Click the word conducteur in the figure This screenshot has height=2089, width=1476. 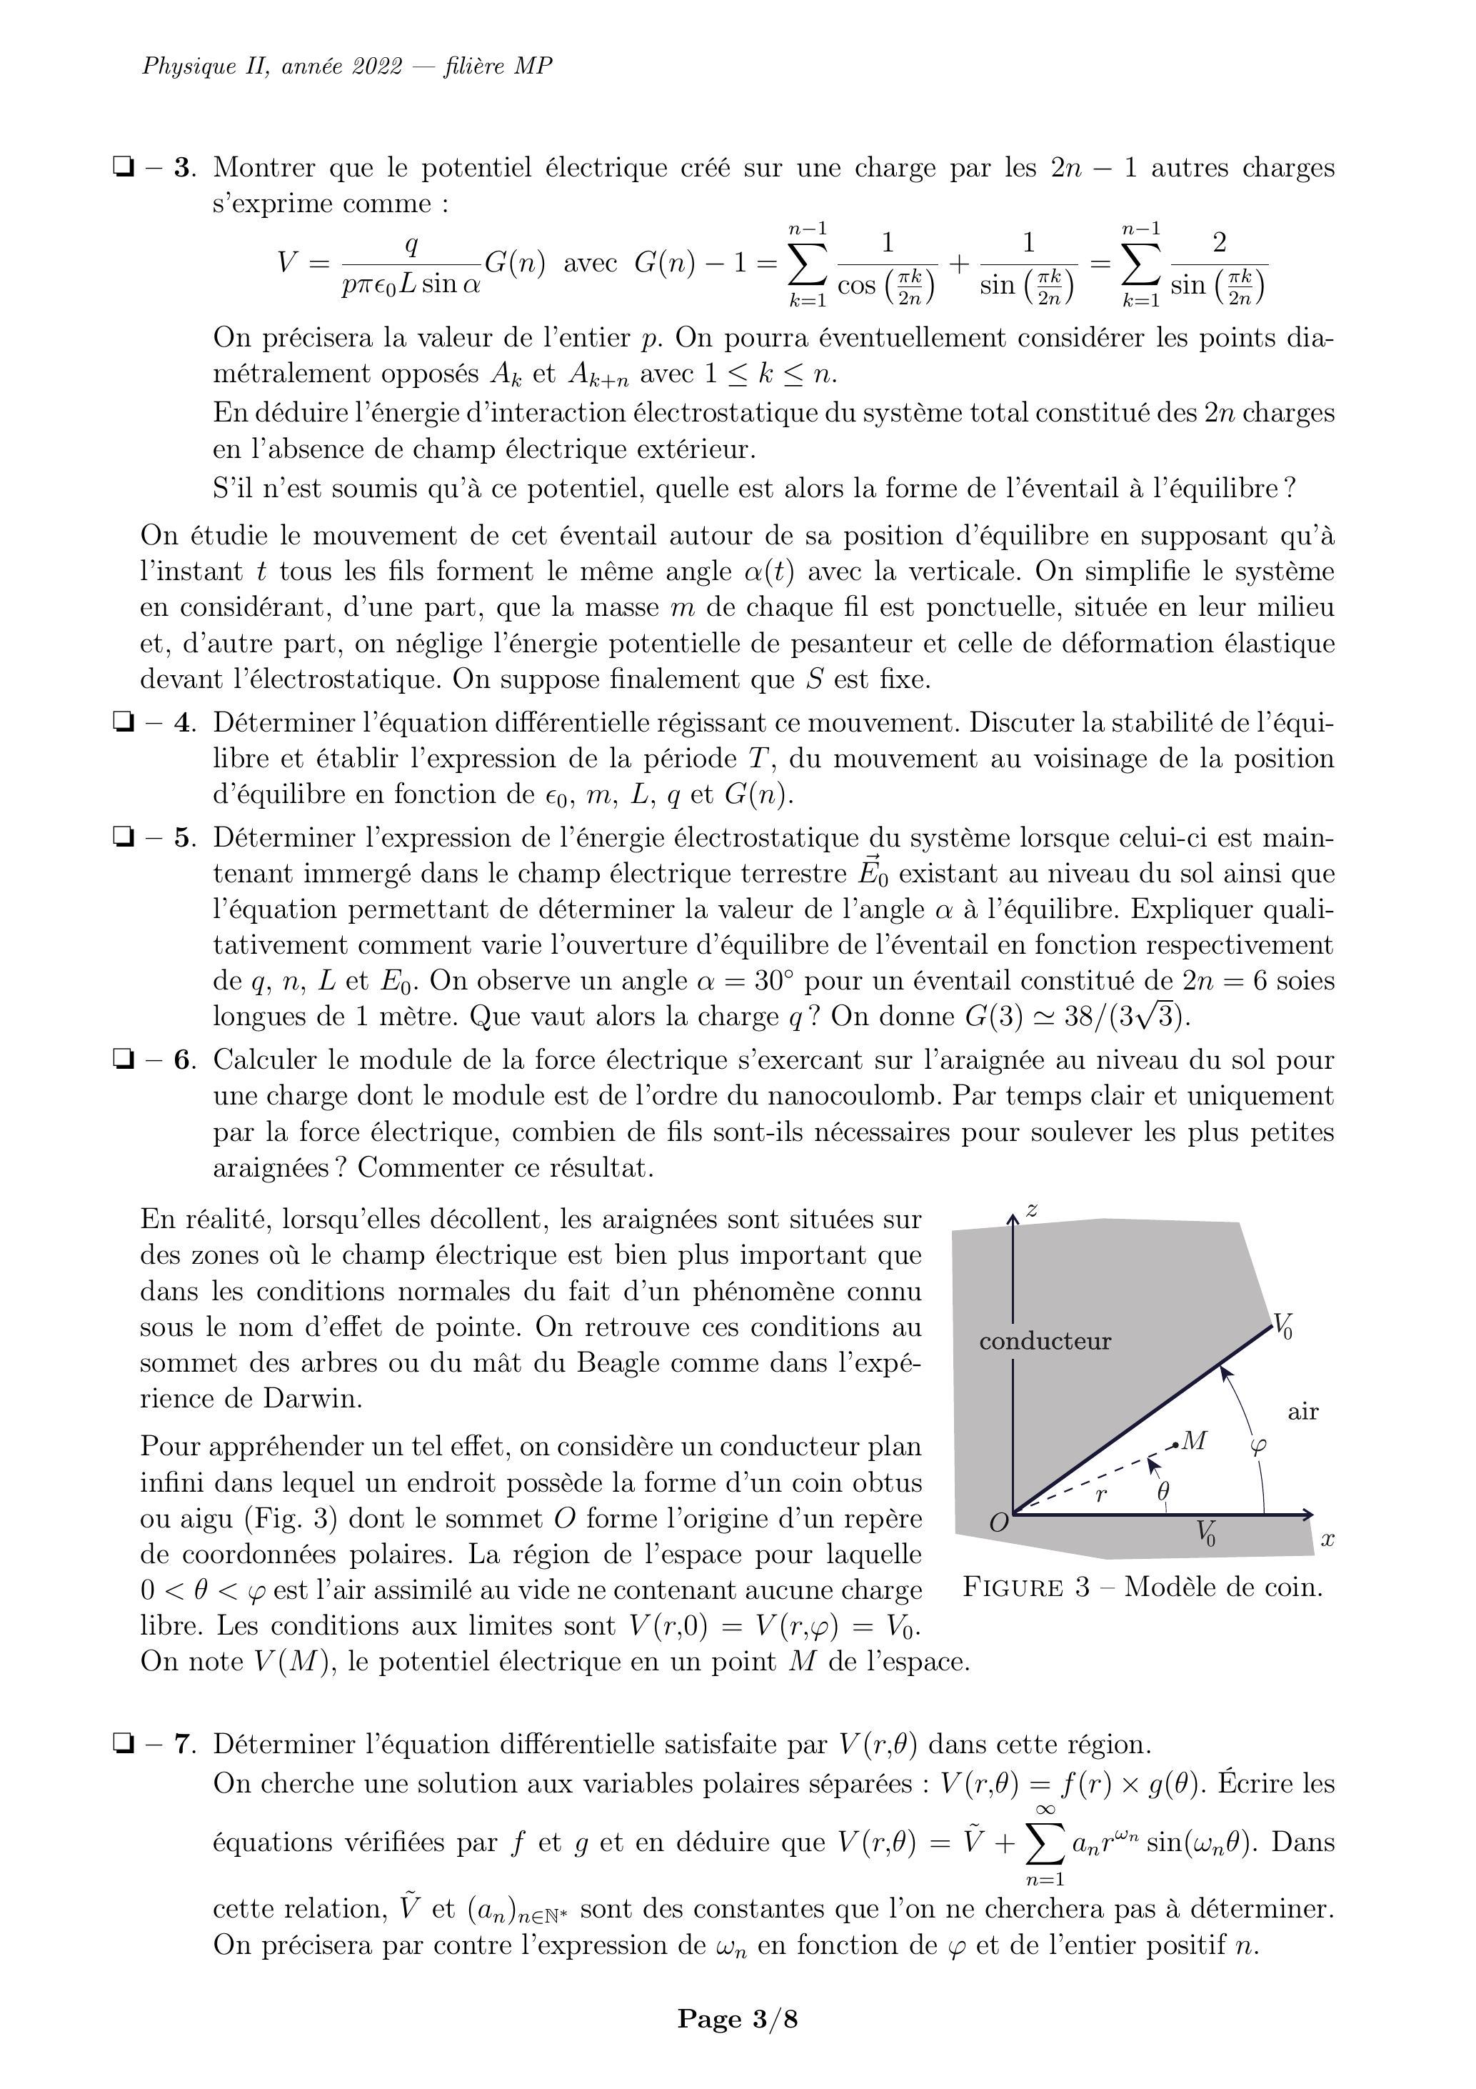click(x=1045, y=1341)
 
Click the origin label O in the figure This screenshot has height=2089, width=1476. click(x=998, y=1523)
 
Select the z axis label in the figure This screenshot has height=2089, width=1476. click(x=1032, y=1210)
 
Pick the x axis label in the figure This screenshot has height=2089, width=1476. click(x=1327, y=1540)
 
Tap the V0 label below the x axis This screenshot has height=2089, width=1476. click(x=1206, y=1533)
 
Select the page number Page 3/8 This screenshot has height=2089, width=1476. click(x=738, y=2019)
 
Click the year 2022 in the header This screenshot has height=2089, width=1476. click(x=378, y=66)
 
